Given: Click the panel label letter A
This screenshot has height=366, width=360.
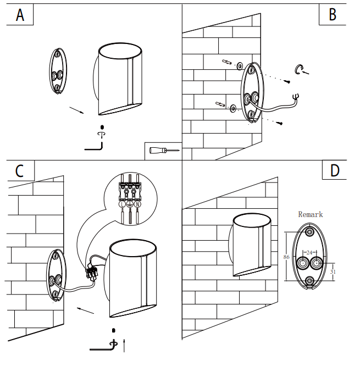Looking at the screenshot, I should pyautogui.click(x=20, y=15).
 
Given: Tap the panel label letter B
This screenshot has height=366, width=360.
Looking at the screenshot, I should pyautogui.click(x=333, y=15).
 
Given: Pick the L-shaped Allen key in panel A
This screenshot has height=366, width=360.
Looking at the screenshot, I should pyautogui.click(x=95, y=146).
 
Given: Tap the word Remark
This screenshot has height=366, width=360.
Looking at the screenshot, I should pyautogui.click(x=311, y=214).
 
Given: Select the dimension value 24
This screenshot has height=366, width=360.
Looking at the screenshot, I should pyautogui.click(x=309, y=253).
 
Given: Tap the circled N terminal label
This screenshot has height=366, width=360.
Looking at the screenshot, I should pyautogui.click(x=138, y=204).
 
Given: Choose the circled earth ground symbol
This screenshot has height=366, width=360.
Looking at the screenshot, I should pyautogui.click(x=130, y=204).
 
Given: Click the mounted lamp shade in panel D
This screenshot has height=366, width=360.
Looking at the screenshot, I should pyautogui.click(x=251, y=245).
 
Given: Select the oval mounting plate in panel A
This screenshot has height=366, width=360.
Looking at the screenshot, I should pyautogui.click(x=57, y=71).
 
